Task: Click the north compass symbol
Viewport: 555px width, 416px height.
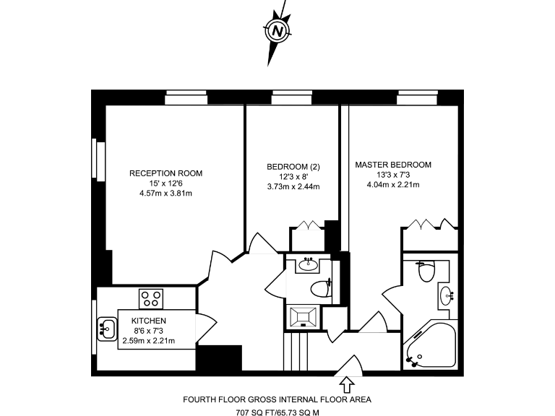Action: pyautogui.click(x=277, y=31)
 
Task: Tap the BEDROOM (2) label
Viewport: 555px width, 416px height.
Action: pyautogui.click(x=293, y=167)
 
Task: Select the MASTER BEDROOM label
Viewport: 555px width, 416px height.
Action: pyautogui.click(x=393, y=165)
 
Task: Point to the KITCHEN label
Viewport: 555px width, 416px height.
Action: pyautogui.click(x=149, y=321)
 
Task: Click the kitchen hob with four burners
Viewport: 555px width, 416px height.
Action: pyautogui.click(x=151, y=298)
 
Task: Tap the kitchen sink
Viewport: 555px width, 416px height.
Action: pyautogui.click(x=107, y=329)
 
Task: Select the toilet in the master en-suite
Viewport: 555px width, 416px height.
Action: pyautogui.click(x=426, y=272)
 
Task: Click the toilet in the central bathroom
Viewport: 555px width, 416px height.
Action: pyautogui.click(x=320, y=289)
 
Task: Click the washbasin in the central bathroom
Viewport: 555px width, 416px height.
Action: pyautogui.click(x=311, y=263)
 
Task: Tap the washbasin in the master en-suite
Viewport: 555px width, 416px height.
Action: pyautogui.click(x=448, y=294)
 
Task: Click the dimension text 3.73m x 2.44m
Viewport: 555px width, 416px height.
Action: pyautogui.click(x=293, y=186)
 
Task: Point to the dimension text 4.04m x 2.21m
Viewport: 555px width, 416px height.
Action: pyautogui.click(x=393, y=184)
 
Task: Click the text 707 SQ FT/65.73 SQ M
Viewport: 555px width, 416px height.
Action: pyautogui.click(x=277, y=412)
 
